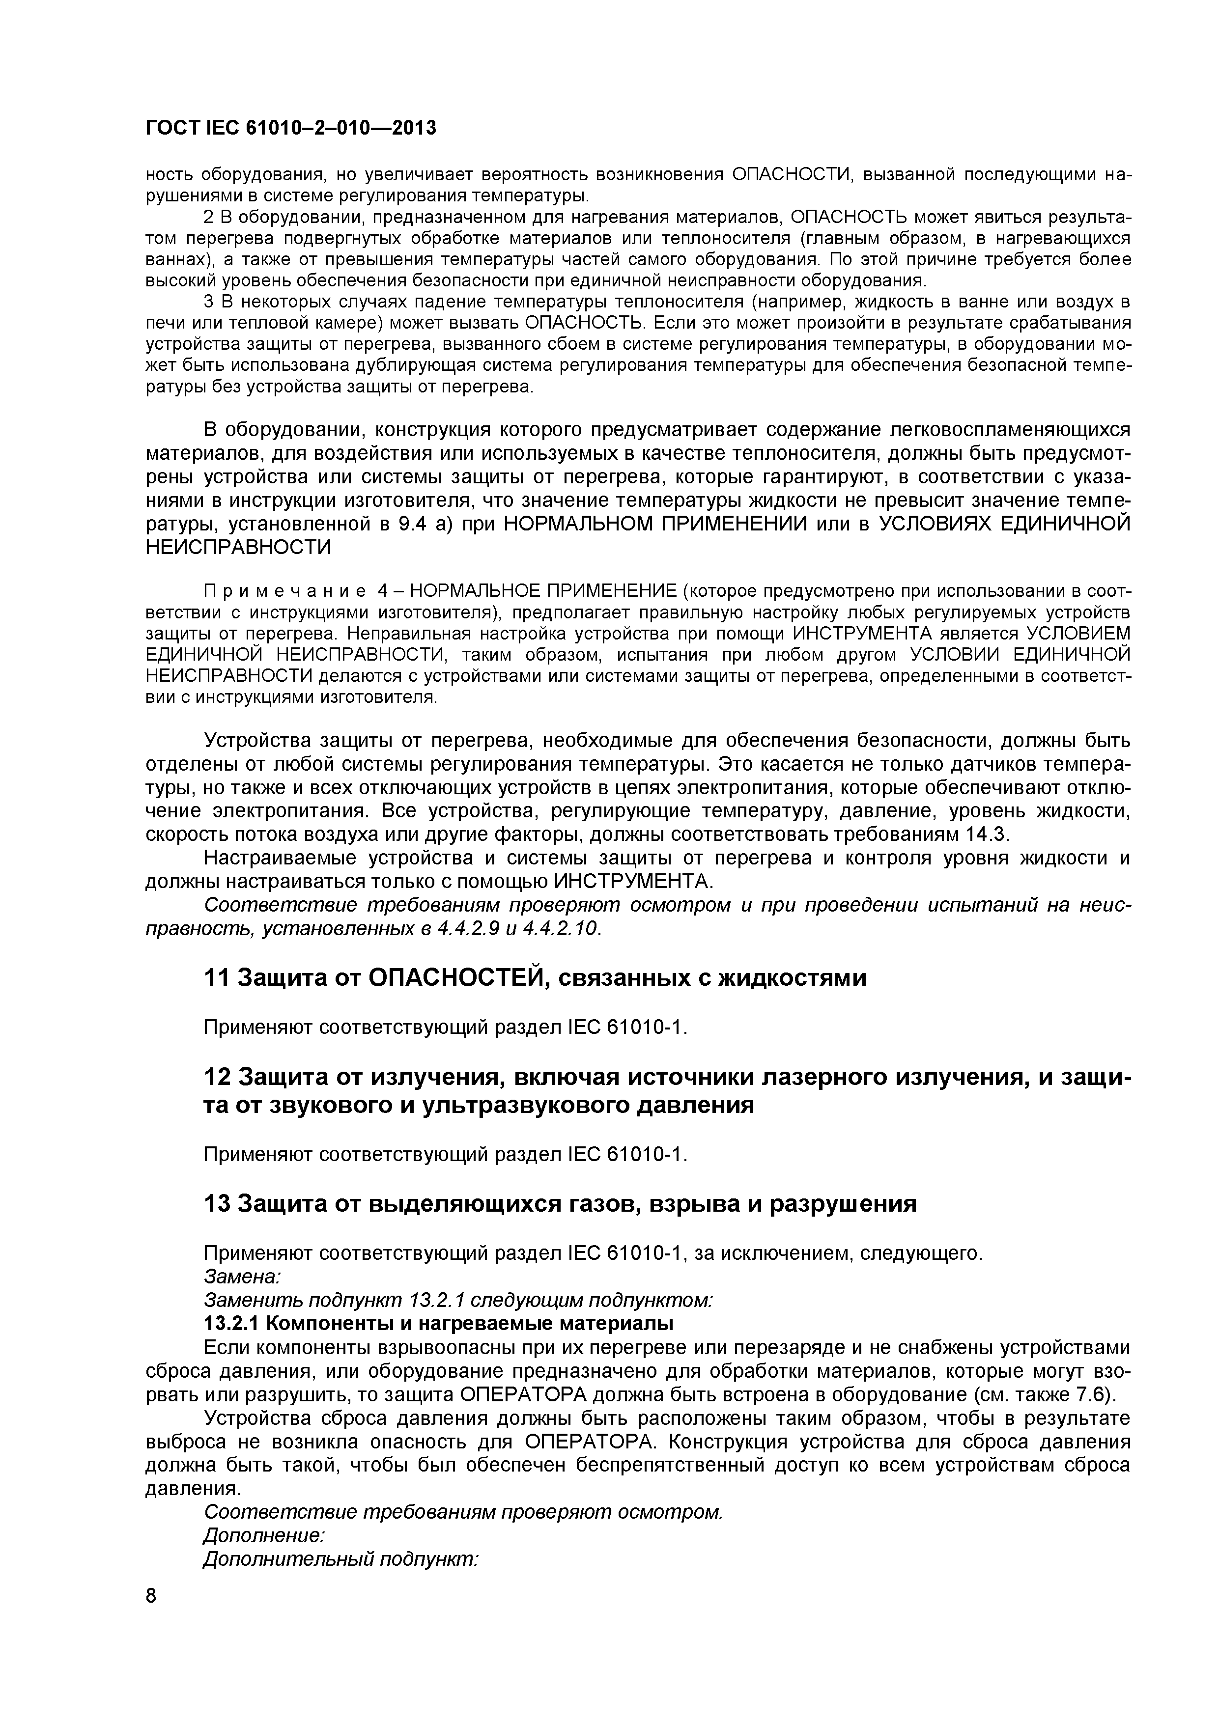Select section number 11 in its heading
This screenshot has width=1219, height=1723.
point(216,978)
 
